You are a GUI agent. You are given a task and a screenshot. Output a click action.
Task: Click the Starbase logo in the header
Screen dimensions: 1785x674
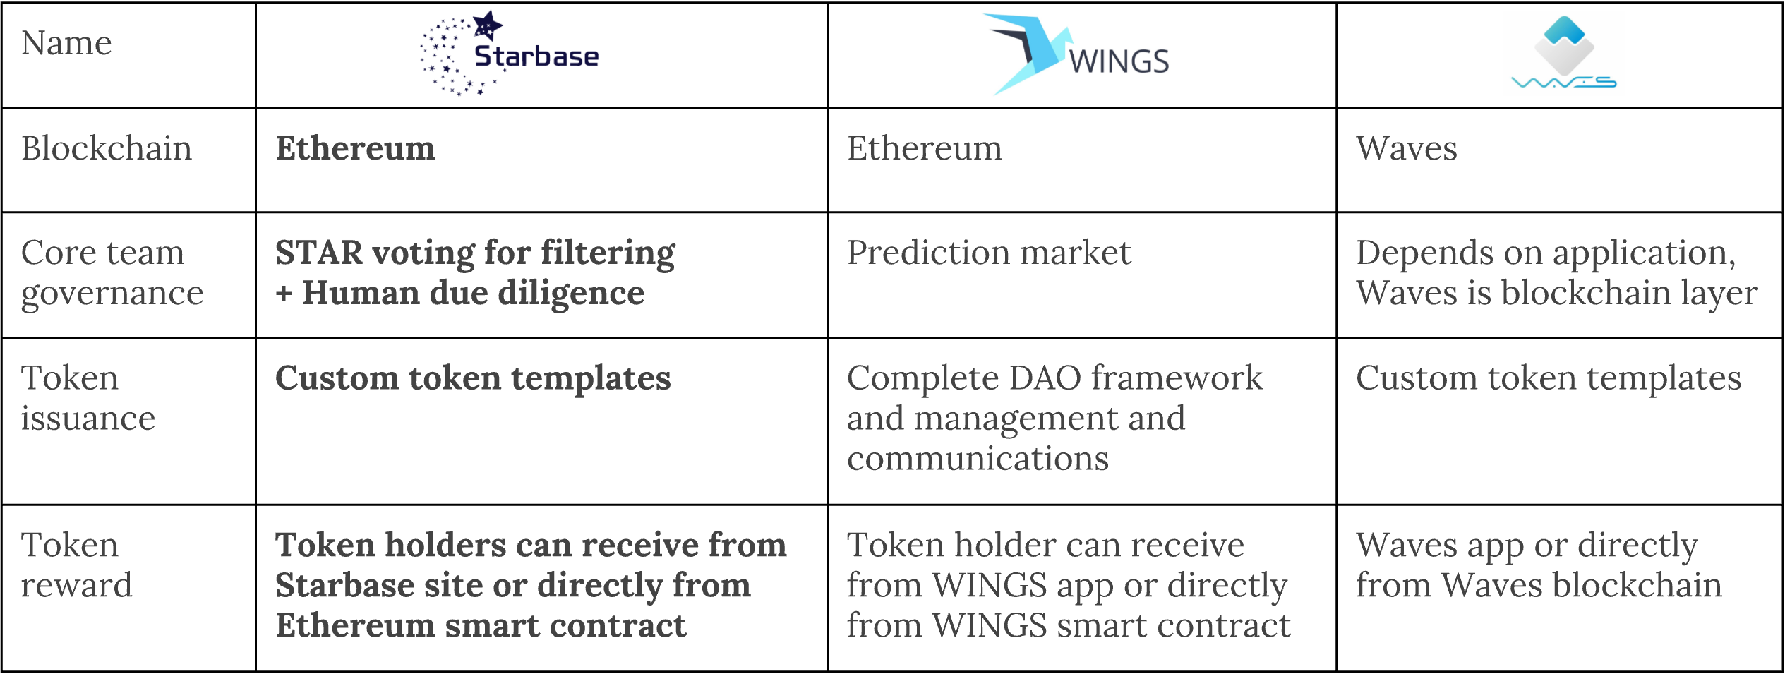pyautogui.click(x=509, y=54)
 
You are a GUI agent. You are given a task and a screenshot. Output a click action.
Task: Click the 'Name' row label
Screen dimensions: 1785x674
pyautogui.click(x=66, y=43)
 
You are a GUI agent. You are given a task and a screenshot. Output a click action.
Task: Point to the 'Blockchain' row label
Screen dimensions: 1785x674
pyautogui.click(x=107, y=148)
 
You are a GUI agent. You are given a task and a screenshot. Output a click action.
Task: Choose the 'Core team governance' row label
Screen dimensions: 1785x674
pyautogui.click(x=112, y=272)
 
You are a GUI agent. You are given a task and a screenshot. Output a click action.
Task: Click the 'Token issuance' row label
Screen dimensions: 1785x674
pyautogui.click(x=88, y=398)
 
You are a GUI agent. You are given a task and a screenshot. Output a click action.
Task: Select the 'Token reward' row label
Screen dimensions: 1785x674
pyautogui.click(x=77, y=565)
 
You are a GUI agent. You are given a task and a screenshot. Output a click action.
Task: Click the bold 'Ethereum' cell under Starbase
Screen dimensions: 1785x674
pyautogui.click(x=356, y=148)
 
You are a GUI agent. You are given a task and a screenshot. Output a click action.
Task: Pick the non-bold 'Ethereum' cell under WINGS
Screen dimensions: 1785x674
pyautogui.click(x=925, y=148)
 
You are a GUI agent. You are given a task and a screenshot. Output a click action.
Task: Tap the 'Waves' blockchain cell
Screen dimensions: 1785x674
pyautogui.click(x=1407, y=148)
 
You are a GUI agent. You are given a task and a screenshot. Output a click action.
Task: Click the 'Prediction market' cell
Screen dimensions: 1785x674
pyautogui.click(x=989, y=253)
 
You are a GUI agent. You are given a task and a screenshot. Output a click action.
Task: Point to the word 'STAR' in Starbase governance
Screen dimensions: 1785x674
pyautogui.click(x=318, y=253)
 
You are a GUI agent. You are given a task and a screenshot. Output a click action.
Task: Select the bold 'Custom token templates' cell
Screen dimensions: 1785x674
pyautogui.click(x=473, y=378)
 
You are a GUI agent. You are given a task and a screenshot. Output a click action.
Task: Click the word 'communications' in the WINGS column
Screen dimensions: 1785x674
pyautogui.click(x=978, y=459)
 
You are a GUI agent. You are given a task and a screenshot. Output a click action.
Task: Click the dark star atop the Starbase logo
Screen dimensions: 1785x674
pyautogui.click(x=487, y=25)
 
